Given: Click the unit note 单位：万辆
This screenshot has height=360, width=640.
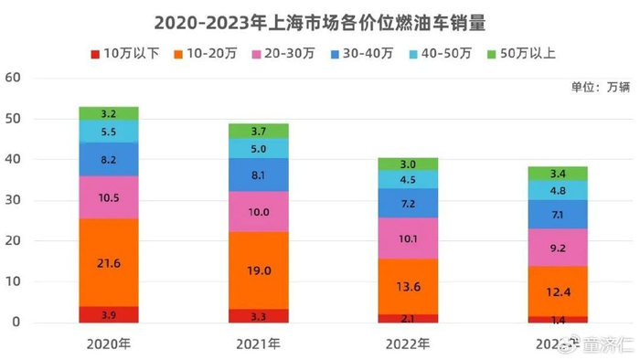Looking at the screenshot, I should (x=600, y=88).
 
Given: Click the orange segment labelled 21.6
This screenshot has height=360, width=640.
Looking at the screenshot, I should (x=109, y=262).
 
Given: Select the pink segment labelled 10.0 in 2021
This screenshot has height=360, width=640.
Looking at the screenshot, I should (x=259, y=211).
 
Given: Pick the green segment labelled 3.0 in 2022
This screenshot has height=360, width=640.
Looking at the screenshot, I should (x=408, y=164).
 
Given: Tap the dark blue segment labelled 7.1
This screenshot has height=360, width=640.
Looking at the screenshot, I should (x=558, y=214).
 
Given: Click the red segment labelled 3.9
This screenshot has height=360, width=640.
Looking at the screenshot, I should (x=109, y=314).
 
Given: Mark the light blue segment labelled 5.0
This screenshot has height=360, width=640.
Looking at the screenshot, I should (x=259, y=148).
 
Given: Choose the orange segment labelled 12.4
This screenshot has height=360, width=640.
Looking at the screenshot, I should (x=558, y=291).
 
